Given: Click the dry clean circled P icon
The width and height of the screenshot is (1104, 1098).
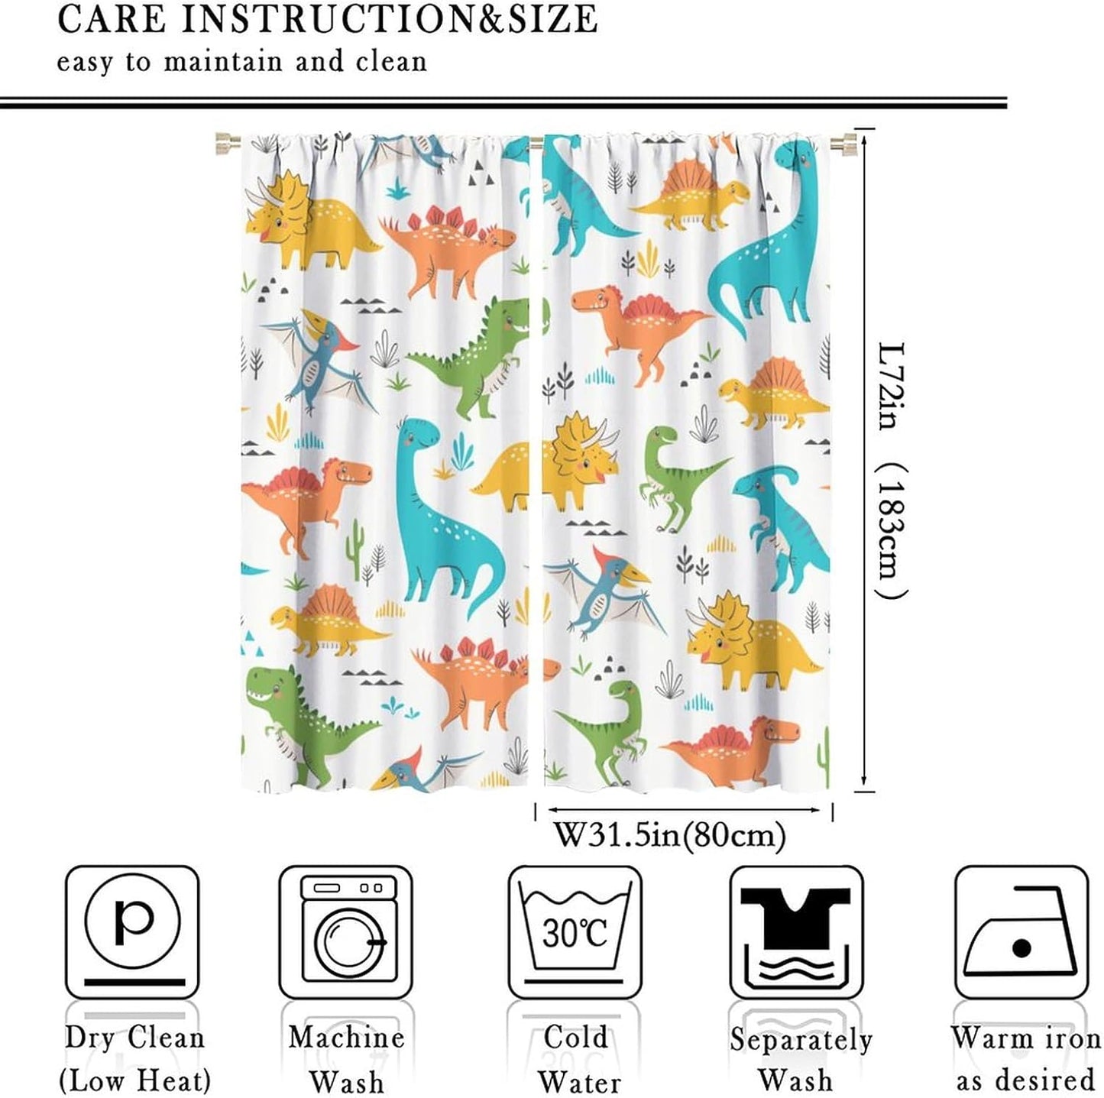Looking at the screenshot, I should point(132,932).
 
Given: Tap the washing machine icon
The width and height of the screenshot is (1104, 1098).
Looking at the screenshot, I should point(345,932).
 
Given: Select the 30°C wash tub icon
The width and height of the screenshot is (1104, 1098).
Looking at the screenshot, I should point(575,932).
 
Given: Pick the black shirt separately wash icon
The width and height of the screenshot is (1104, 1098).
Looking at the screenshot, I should point(796,932).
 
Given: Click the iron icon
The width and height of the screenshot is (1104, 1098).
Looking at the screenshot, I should point(1021,932).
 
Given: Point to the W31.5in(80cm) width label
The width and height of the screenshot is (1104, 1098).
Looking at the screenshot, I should point(669,835).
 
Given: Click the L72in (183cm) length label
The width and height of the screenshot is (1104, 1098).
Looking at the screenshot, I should point(891,470).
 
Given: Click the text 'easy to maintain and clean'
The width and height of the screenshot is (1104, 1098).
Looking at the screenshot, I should point(241,62).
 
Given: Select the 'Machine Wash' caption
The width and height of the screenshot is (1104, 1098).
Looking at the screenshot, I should point(346,1059).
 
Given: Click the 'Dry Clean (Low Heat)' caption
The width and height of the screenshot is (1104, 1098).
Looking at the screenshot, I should point(134,1059).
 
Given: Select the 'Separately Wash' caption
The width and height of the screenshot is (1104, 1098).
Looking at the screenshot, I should point(799,1059).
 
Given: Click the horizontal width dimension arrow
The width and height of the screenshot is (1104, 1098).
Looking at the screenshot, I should point(684,810).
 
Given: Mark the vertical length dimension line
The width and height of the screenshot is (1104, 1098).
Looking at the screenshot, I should point(863,458).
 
